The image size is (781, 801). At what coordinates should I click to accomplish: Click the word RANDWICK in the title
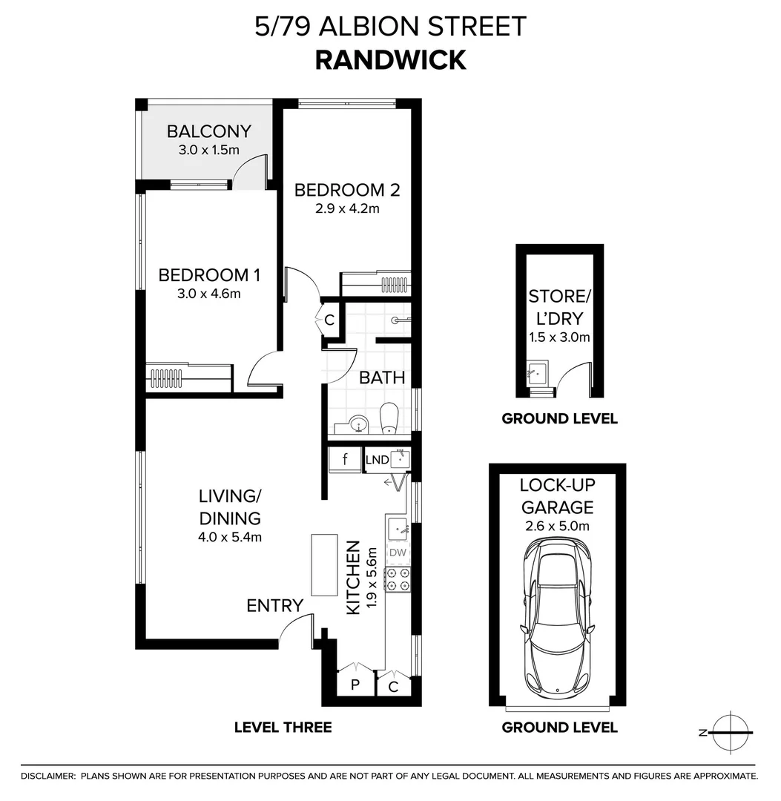pyautogui.click(x=390, y=59)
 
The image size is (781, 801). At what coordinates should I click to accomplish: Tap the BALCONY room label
pyautogui.click(x=209, y=132)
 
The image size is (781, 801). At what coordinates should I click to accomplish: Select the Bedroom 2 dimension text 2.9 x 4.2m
pyautogui.click(x=347, y=208)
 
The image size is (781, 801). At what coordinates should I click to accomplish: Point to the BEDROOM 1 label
pyautogui.click(x=209, y=275)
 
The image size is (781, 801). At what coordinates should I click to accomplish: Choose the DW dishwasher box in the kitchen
pyautogui.click(x=398, y=553)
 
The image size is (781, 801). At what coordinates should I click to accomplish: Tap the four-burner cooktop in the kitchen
pyautogui.click(x=398, y=579)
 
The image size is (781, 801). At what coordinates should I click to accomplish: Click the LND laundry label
pyautogui.click(x=377, y=461)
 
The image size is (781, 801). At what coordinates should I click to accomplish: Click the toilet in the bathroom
pyautogui.click(x=389, y=419)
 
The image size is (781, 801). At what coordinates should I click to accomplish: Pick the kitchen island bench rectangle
pyautogui.click(x=323, y=564)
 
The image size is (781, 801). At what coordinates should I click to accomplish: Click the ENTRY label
pyautogui.click(x=275, y=606)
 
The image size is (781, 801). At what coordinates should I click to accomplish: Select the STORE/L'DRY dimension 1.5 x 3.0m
pyautogui.click(x=559, y=337)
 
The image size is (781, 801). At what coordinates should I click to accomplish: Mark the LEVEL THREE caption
pyautogui.click(x=283, y=727)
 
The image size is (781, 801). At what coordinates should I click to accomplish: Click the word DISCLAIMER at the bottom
pyautogui.click(x=48, y=776)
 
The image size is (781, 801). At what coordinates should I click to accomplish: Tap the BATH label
pyautogui.click(x=382, y=378)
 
